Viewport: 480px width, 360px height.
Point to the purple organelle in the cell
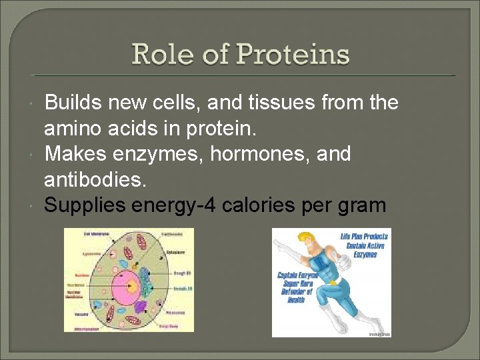tap(141, 306)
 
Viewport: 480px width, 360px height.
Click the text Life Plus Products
tap(364, 237)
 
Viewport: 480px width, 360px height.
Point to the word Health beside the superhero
tap(297, 300)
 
